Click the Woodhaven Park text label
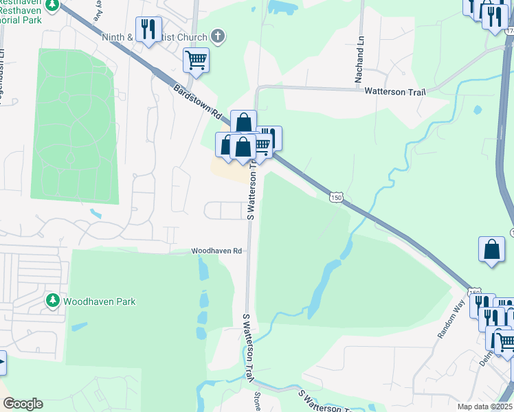click(x=100, y=301)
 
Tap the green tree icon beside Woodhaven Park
click(x=53, y=301)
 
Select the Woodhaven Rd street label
click(x=216, y=251)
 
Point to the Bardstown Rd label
click(x=196, y=101)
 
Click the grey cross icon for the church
click(x=218, y=36)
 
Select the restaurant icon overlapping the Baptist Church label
click(x=147, y=30)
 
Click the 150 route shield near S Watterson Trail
click(x=335, y=197)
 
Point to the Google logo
click(x=22, y=404)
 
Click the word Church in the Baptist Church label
click(x=193, y=36)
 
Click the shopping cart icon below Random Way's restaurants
click(x=505, y=341)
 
